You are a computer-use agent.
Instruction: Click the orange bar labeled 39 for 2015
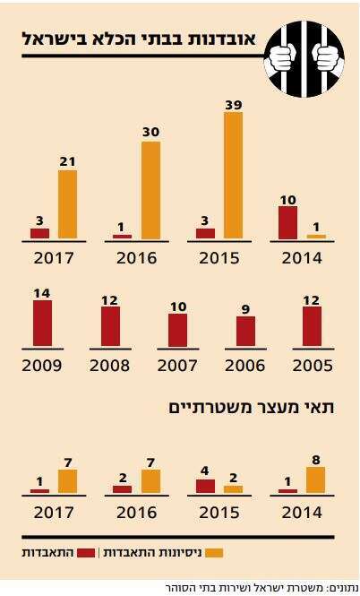click(x=233, y=176)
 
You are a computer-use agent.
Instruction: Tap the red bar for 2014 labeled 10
click(x=287, y=222)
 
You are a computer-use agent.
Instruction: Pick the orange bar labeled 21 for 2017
click(x=67, y=204)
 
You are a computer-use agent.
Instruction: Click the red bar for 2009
click(x=42, y=324)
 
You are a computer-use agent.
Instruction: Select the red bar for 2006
click(x=245, y=331)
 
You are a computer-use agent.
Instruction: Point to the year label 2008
click(x=109, y=366)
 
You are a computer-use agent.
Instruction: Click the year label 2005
click(x=312, y=366)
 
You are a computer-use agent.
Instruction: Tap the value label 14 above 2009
click(x=42, y=293)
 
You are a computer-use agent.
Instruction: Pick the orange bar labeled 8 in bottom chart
click(x=314, y=480)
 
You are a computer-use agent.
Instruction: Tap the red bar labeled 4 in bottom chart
click(x=205, y=486)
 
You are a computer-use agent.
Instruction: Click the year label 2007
click(x=177, y=366)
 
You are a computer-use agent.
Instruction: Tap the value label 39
click(x=233, y=105)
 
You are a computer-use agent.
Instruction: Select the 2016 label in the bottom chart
click(x=135, y=514)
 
